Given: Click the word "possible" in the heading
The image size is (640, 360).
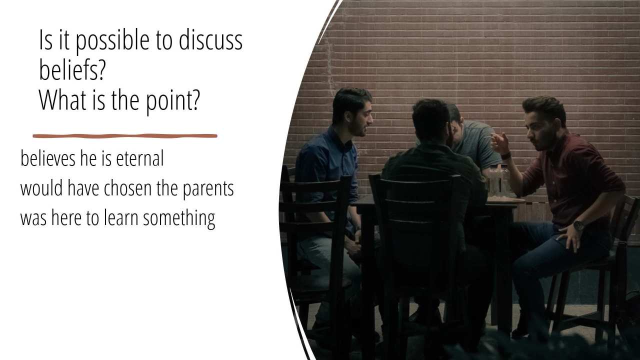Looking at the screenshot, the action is tap(112, 41).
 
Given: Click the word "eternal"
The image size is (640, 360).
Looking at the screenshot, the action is tap(140, 158).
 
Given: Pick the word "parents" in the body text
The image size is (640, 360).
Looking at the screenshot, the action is tap(208, 189).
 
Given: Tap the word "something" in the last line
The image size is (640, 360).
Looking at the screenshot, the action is tap(179, 218).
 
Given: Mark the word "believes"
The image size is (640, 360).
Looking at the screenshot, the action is tap(48, 158).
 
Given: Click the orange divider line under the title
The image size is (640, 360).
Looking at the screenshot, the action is tap(125, 136).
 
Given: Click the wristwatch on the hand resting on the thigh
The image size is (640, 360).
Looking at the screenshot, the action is tap(578, 225).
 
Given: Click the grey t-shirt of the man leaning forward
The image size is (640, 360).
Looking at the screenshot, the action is tap(476, 145).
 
